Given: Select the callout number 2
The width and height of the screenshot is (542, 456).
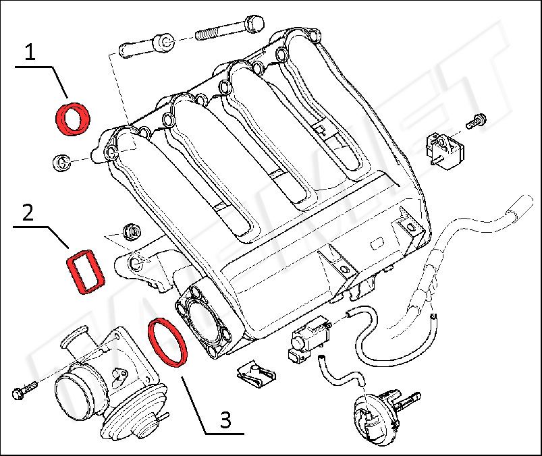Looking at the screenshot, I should [27, 214].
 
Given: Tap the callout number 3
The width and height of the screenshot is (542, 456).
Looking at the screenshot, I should [226, 420].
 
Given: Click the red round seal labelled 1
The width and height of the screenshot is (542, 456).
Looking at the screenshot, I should [73, 118].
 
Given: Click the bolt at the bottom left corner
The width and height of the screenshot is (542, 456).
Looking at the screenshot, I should [24, 391].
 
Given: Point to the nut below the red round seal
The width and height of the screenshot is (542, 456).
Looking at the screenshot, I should [62, 161].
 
